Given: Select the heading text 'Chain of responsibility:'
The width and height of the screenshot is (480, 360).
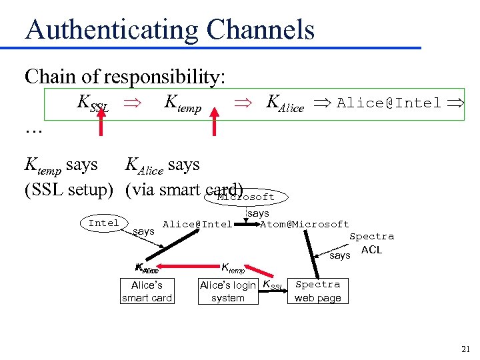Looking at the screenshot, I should coord(125,77).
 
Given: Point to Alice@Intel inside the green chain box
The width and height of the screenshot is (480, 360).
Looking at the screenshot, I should coord(389,103).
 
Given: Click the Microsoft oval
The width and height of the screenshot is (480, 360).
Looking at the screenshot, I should coord(247,197).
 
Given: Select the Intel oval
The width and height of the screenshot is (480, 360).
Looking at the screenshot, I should coord(104,223).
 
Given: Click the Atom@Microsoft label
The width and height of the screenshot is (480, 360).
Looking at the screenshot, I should coord(305,225).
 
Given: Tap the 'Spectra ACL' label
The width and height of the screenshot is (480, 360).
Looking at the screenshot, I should coord(371,243).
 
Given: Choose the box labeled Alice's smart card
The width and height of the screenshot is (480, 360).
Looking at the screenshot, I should coord(147,291).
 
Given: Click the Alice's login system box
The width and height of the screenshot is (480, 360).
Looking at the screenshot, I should coord(227,291).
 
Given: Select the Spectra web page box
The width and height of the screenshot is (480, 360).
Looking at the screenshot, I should coord(317,291).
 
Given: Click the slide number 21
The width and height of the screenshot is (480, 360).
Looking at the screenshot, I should coord(465,348).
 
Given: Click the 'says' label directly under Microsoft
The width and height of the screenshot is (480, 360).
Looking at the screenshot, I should coord(258,213).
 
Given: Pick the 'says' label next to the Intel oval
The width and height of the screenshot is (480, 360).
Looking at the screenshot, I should coord(143,231).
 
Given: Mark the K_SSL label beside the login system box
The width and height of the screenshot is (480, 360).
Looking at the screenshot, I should coord(273,286).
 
